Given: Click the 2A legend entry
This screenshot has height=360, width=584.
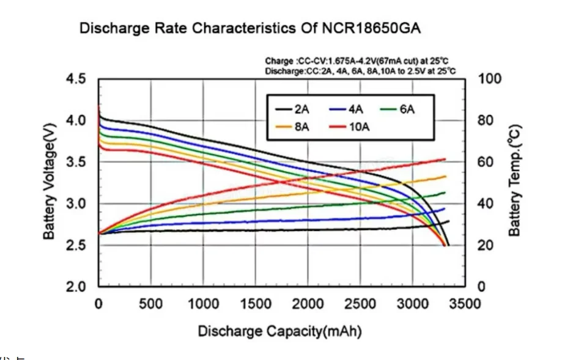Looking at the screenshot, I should [292, 109].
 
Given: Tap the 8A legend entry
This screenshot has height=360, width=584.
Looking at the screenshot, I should [292, 127].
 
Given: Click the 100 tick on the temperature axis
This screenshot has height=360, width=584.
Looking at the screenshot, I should [490, 79].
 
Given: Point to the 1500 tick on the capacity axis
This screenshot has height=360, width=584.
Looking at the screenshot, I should [256, 304].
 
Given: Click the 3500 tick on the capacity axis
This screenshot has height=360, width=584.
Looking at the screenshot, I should [465, 304].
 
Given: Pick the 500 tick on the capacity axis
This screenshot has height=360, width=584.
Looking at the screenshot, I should [151, 304].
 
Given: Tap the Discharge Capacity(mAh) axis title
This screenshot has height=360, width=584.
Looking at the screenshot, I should [279, 331].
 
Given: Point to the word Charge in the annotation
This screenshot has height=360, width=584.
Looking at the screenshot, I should [279, 62].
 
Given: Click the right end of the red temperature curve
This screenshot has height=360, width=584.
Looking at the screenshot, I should [445, 160].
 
